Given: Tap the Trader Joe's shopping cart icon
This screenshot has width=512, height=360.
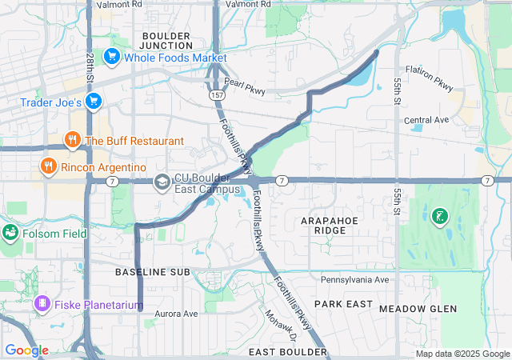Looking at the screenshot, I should click(94, 102).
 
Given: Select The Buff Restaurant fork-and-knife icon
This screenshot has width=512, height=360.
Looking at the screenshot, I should click(73, 141).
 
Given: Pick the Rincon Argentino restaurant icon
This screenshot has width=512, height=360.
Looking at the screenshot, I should click(49, 166).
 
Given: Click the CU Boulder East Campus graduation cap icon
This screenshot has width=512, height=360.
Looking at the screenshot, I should click(162, 182).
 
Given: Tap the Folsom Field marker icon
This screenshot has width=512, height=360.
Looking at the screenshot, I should click(10, 233).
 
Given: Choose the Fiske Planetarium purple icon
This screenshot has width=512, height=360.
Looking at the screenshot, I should click(42, 304).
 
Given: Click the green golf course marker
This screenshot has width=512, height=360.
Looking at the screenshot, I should click(438, 215).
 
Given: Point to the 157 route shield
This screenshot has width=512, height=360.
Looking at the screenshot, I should click(217, 95).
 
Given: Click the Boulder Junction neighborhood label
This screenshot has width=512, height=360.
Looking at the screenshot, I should click(166, 42).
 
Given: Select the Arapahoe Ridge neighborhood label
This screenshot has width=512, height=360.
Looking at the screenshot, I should click(324, 224).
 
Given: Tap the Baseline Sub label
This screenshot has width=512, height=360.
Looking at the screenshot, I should click(152, 273).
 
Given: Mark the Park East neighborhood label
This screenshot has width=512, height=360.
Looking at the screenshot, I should click(343, 304).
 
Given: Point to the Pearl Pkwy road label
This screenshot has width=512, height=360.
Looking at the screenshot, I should click(245, 89).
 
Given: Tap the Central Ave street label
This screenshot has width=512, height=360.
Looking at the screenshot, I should click(426, 120).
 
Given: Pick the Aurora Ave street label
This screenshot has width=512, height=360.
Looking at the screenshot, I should click(176, 314).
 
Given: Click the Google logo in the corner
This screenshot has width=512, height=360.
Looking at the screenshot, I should click(26, 350).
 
